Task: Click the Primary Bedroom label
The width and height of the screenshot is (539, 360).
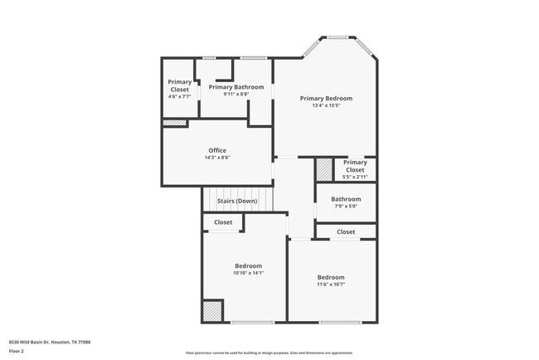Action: point(327,98)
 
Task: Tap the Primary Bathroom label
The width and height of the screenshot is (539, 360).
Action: point(236,87)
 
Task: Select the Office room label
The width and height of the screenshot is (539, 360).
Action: point(217,150)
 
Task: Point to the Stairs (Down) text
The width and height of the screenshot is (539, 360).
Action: point(237,202)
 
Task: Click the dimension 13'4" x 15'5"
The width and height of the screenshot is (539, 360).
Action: point(327,105)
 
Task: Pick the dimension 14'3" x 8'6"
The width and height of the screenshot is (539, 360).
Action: point(217,158)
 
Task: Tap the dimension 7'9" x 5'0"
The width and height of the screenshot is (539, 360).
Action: point(346,207)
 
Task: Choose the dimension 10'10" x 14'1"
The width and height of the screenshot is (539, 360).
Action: point(248,273)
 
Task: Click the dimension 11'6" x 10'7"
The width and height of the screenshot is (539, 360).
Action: point(331,285)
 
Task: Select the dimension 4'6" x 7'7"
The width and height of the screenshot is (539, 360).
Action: point(179,97)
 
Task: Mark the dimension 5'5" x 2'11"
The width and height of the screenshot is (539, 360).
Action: point(355,177)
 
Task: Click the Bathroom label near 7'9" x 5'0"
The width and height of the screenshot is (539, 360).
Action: point(346,199)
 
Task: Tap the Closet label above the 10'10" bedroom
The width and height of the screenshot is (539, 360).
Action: point(223,222)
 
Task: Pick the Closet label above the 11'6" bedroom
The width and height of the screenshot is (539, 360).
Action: point(346,231)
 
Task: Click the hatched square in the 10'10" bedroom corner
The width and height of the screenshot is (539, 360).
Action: point(212,311)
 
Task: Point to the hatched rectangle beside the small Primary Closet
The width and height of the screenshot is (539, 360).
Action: point(323,169)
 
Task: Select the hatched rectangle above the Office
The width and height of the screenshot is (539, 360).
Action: point(174,123)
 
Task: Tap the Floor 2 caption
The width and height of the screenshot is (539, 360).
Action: point(17,351)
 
